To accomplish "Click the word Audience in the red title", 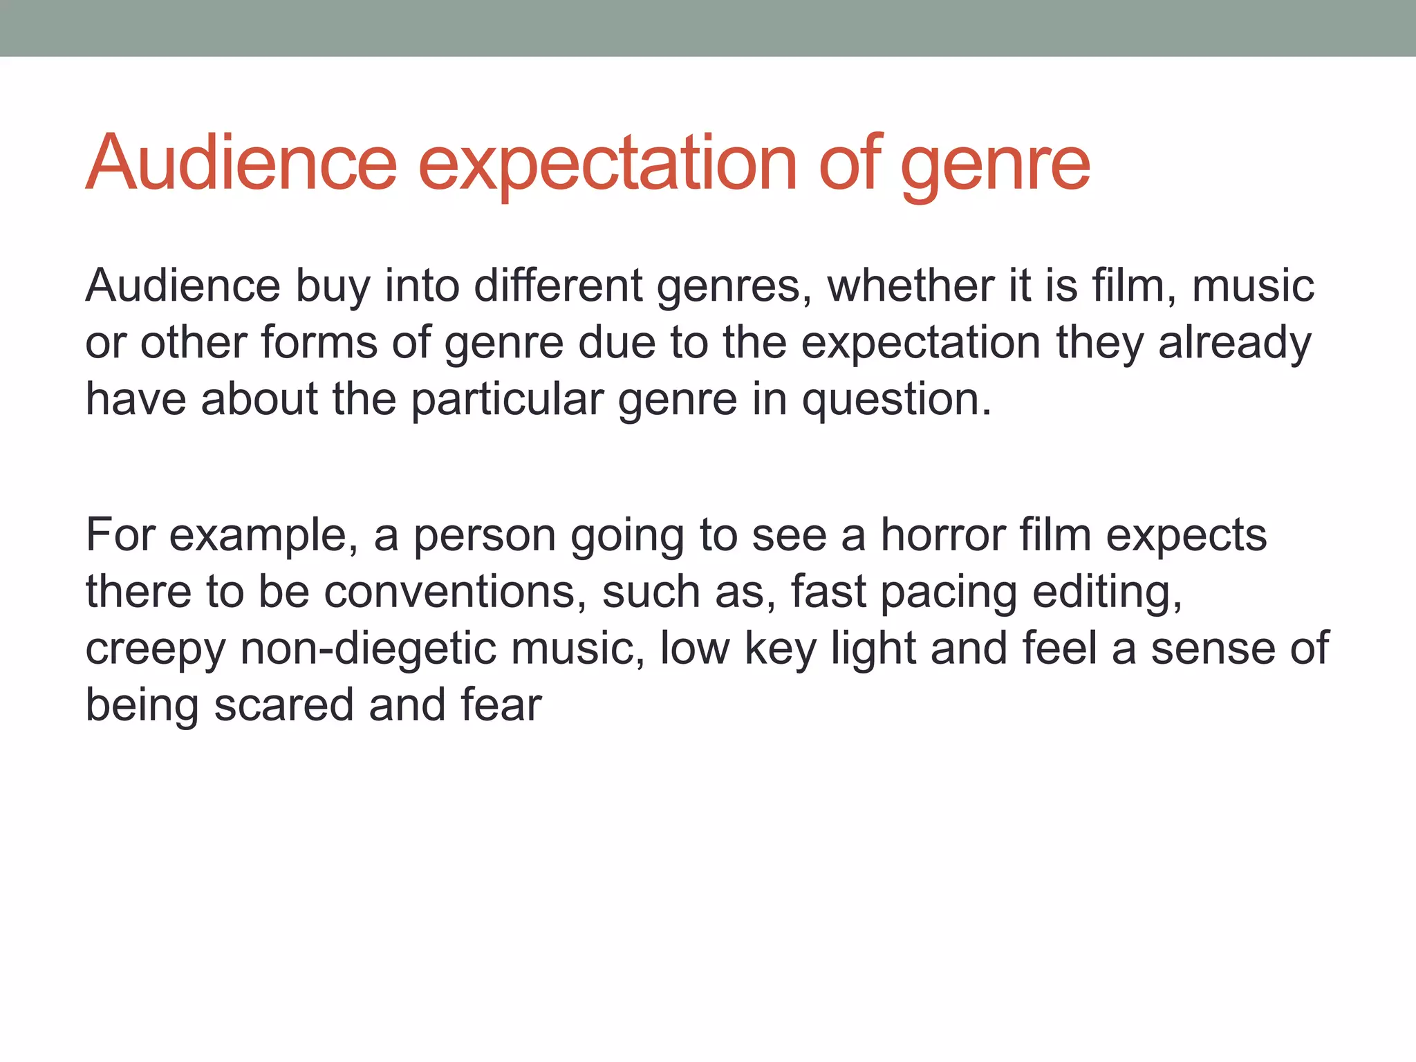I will coord(241,163).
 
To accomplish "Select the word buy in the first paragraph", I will coord(333,286).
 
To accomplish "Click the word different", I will coord(558,286).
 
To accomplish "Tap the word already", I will coord(1235,342).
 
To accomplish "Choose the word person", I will coord(485,535).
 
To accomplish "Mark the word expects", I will coord(1186,535).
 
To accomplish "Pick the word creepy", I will coord(156,650).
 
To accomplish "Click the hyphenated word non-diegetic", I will coord(369,649).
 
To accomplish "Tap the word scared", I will coord(283,705).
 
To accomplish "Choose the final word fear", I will coord(501,705).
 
